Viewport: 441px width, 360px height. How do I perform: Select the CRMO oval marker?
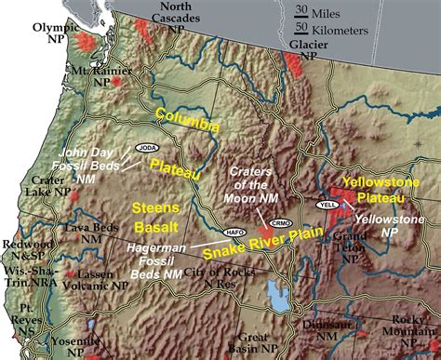point(278,223)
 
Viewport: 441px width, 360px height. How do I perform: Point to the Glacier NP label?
point(308,49)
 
